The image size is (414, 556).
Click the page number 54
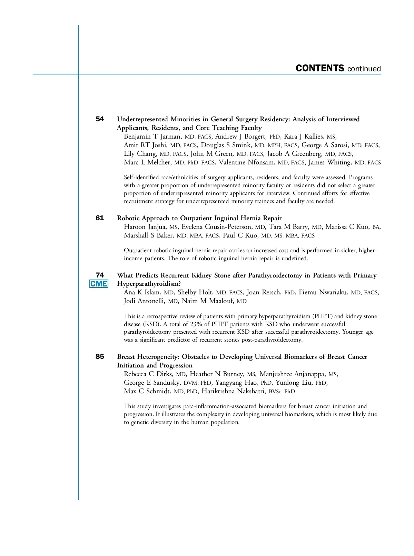[x=100, y=119]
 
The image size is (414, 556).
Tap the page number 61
[x=100, y=218]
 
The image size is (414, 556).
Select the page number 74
[x=100, y=275]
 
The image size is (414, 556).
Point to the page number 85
[x=100, y=356]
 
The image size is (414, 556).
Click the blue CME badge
[x=99, y=284]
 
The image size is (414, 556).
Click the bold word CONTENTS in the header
[x=320, y=68]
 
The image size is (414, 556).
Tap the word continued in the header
[x=364, y=69]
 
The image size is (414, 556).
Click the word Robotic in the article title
[x=128, y=218]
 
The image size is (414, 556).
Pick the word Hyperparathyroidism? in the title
[x=149, y=284]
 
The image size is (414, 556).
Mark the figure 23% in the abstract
[x=196, y=324]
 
